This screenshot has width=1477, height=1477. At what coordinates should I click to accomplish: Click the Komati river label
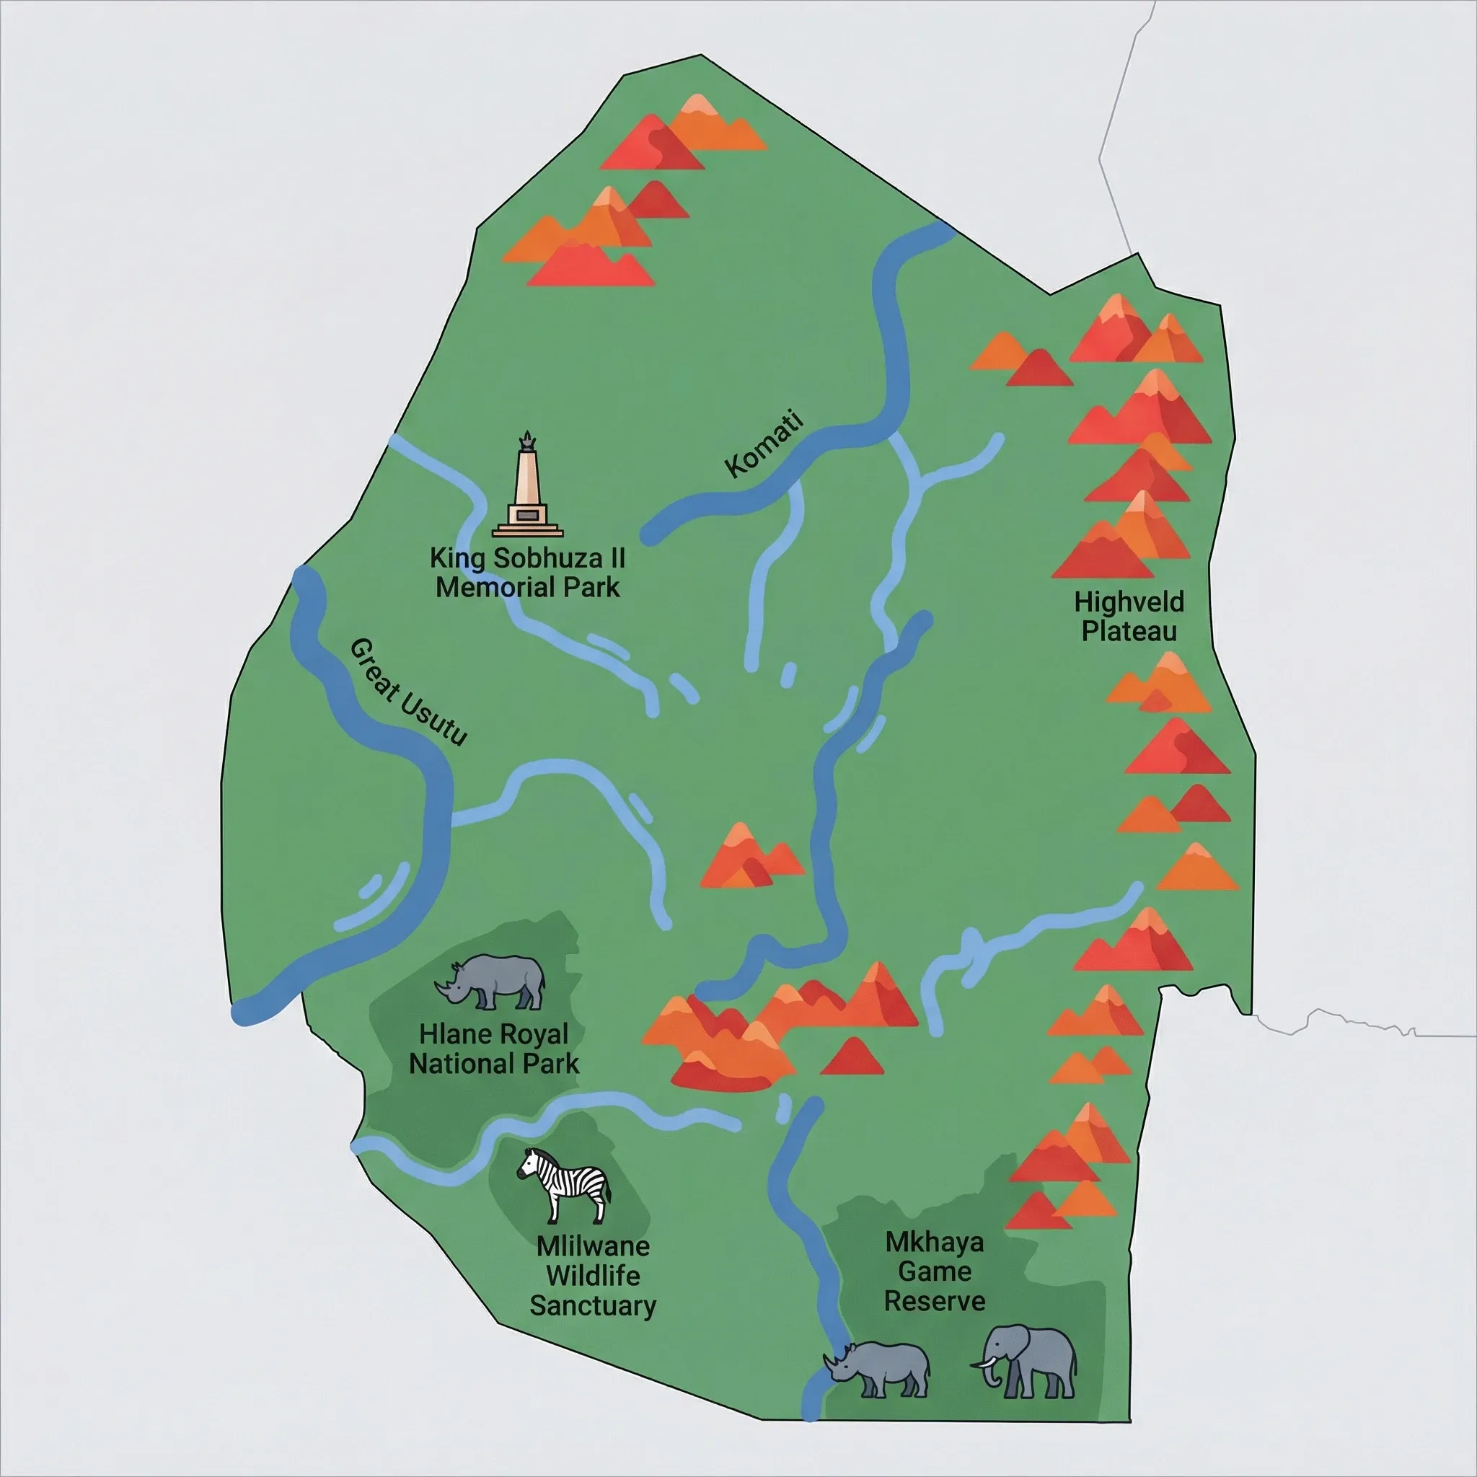[763, 445]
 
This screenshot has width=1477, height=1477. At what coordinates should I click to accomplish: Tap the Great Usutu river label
[407, 692]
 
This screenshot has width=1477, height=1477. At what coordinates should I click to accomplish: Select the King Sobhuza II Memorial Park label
[527, 573]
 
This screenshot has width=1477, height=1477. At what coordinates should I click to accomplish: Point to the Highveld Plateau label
[1129, 616]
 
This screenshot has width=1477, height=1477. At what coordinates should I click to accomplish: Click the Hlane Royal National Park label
[494, 1048]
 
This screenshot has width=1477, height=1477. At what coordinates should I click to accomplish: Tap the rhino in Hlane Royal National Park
[492, 982]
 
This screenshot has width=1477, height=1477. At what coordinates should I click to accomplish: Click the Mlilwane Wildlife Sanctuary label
[593, 1275]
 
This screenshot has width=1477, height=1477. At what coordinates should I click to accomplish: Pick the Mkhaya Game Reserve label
[934, 1271]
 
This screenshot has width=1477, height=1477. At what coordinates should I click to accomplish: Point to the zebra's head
[531, 1165]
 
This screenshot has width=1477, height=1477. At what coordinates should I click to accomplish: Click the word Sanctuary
[593, 1305]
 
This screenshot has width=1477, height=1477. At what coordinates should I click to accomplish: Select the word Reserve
[934, 1300]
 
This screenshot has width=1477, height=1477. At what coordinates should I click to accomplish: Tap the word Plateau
[1129, 632]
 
